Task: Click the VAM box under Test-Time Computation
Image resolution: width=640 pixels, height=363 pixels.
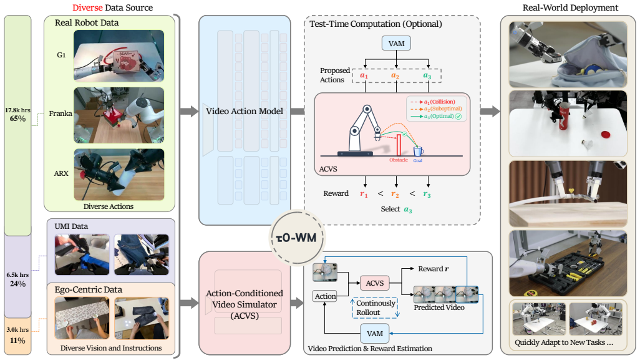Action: pos(396,43)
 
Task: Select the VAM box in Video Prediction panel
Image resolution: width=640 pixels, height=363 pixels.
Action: pos(375,334)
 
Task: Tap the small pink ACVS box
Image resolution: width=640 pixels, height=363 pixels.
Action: pos(374,283)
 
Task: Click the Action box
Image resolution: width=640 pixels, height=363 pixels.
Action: pos(326,296)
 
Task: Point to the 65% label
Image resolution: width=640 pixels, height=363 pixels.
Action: pos(17,119)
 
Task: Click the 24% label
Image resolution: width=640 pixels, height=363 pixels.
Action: pos(17,284)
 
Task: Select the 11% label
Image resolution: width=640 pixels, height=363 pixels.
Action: pos(17,341)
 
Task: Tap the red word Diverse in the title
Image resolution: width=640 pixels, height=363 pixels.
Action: pos(88,7)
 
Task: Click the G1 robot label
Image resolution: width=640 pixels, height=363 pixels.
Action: pos(61,55)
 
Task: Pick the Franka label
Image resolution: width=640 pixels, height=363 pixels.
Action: pos(61,114)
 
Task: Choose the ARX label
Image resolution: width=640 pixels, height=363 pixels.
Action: pos(61,173)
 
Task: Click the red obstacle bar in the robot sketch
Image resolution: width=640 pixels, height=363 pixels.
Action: pos(399,145)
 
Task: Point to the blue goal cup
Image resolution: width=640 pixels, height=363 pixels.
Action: pos(418,151)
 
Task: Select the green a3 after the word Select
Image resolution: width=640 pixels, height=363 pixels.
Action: pos(408,210)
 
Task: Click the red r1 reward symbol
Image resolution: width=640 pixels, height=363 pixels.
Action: pos(364,194)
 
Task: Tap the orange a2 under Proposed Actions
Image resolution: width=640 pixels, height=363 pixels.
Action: pos(395,75)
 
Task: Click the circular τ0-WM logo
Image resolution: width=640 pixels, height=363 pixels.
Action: pos(297,238)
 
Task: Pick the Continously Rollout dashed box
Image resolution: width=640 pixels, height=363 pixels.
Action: pos(375,307)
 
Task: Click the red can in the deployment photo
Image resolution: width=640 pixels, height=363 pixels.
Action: pos(564,117)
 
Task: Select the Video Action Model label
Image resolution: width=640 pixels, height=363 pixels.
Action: pos(244,111)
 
